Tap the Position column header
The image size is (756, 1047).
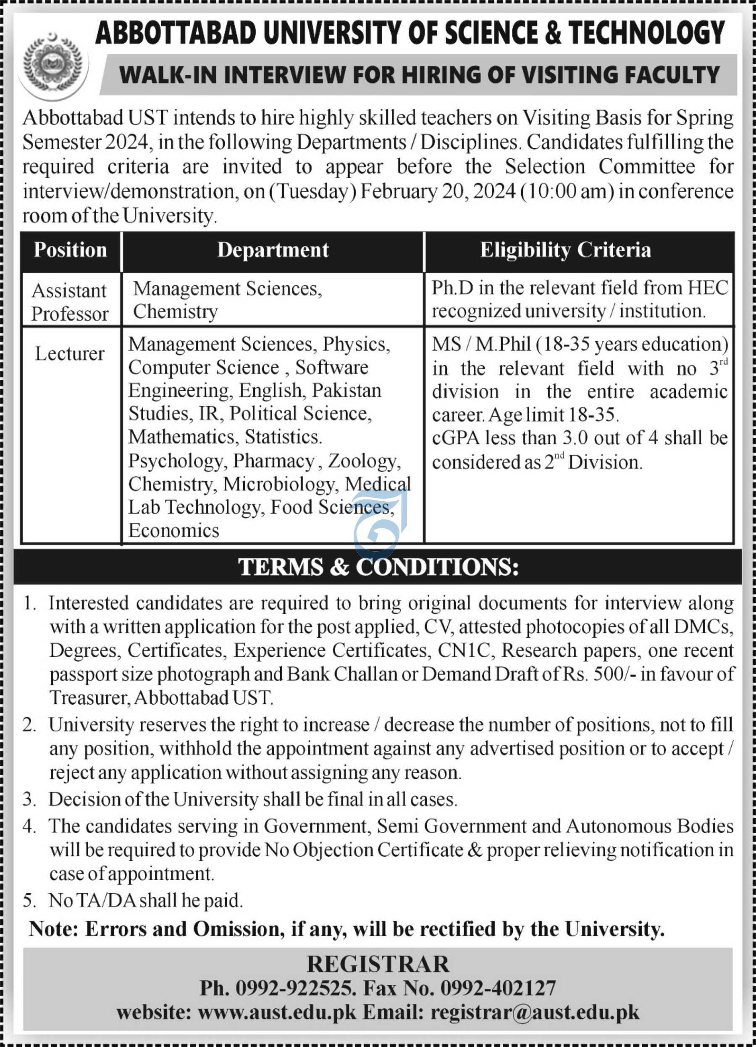70,251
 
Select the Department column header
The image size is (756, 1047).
273,251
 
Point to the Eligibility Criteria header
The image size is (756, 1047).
565,251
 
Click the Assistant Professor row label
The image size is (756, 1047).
70,303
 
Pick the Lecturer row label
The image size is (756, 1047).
70,354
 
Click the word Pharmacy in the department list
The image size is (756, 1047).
274,461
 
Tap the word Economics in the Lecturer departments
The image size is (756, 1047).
173,530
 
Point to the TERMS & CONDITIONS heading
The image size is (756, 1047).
378,567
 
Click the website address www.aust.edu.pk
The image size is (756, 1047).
277,1013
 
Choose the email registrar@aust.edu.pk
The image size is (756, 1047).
535,1013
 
